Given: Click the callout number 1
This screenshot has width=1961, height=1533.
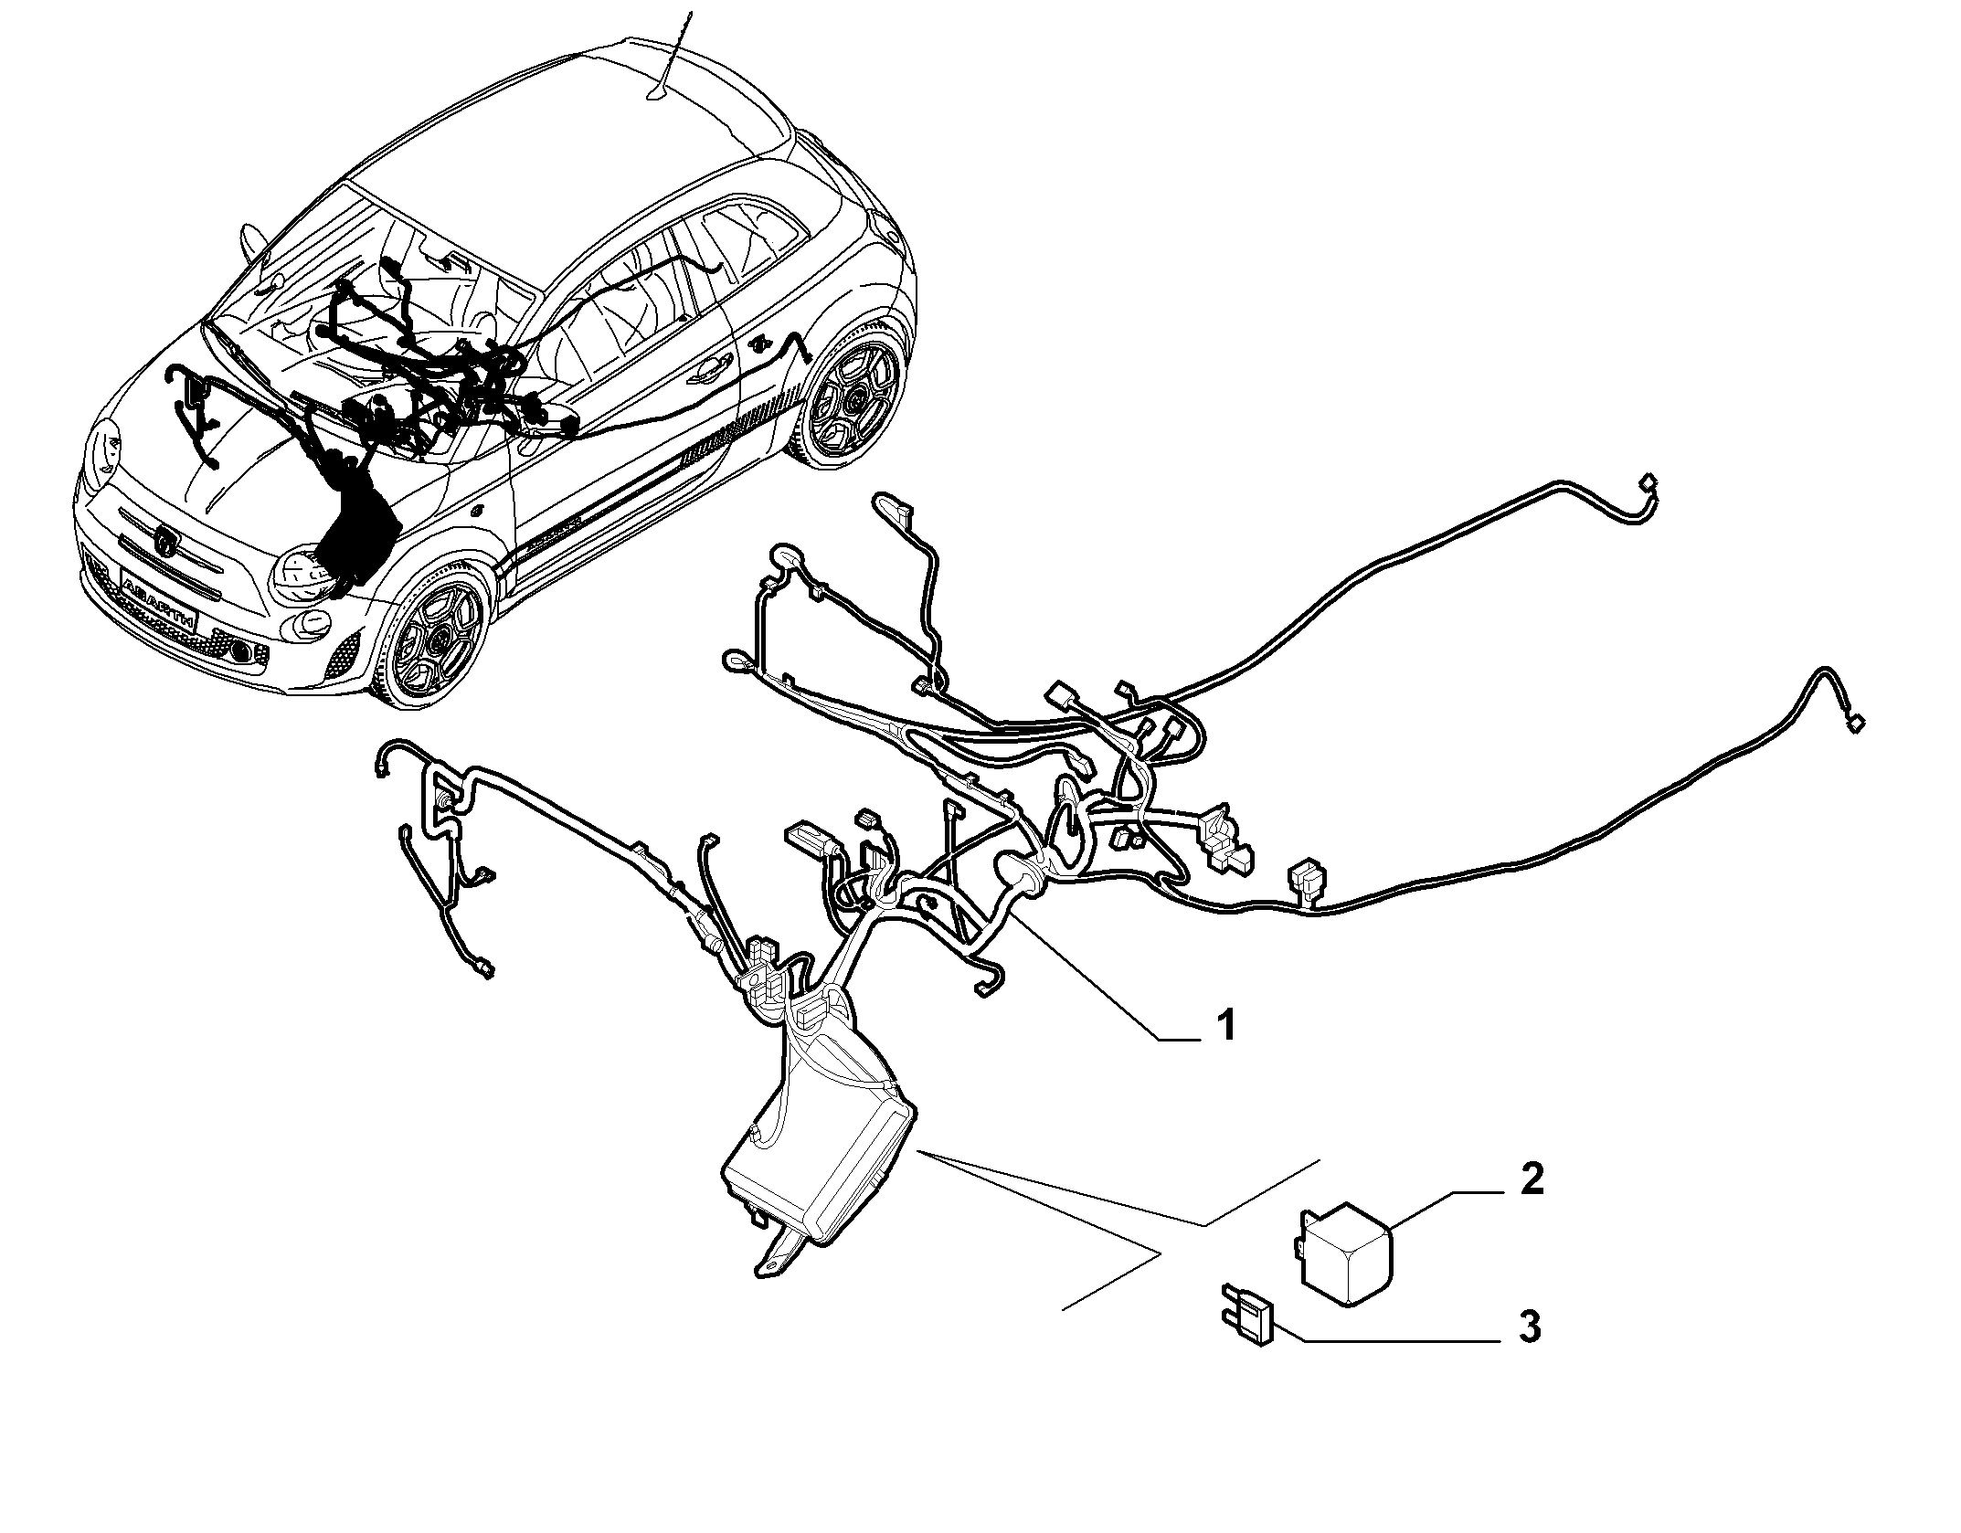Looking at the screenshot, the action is click(1226, 1026).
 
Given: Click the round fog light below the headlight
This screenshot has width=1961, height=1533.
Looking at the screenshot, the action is click(242, 650).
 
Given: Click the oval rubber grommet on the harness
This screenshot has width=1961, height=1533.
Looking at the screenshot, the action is click(1023, 872).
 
